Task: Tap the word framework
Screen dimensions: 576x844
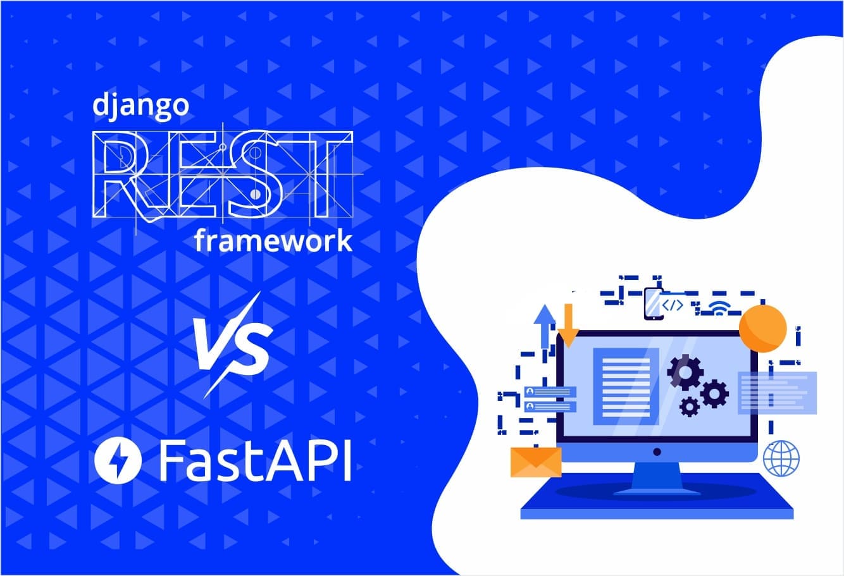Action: (x=273, y=242)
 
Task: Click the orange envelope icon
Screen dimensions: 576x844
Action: (x=536, y=462)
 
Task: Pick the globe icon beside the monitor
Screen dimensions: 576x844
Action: (x=781, y=459)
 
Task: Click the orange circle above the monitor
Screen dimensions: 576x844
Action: (x=762, y=328)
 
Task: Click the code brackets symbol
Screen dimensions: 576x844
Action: (x=673, y=305)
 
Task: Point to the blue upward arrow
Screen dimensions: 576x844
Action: (x=543, y=325)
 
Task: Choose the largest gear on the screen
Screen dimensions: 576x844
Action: (x=685, y=372)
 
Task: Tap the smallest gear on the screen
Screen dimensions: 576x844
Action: (x=688, y=406)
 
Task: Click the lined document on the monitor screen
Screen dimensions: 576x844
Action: (x=626, y=386)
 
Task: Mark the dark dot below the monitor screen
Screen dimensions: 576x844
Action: (x=657, y=451)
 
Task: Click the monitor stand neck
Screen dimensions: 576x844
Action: (x=657, y=474)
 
